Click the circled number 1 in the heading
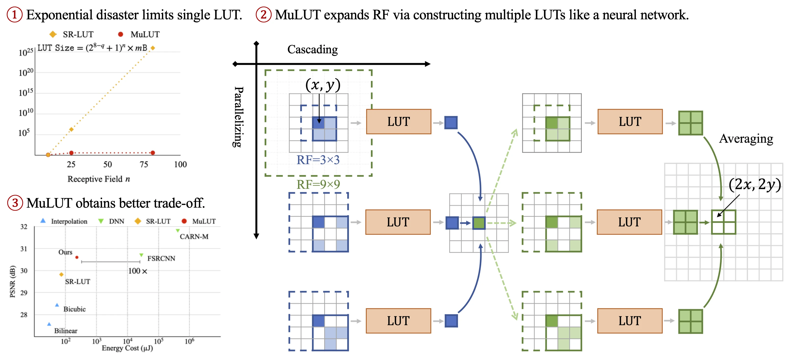tap(14, 15)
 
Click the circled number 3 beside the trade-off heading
tap(15, 203)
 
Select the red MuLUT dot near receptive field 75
tap(153, 153)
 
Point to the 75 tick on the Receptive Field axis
tap(144, 164)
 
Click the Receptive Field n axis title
tap(99, 179)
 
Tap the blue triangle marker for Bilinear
tap(49, 324)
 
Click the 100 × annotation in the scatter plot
tap(137, 271)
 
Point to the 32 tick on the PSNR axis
tap(24, 226)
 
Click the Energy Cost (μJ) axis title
tap(127, 348)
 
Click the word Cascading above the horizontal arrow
tap(313, 49)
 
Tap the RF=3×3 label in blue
tap(318, 160)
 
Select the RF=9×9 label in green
tap(318, 184)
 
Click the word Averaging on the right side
tap(746, 139)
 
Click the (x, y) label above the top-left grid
tap(323, 85)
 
